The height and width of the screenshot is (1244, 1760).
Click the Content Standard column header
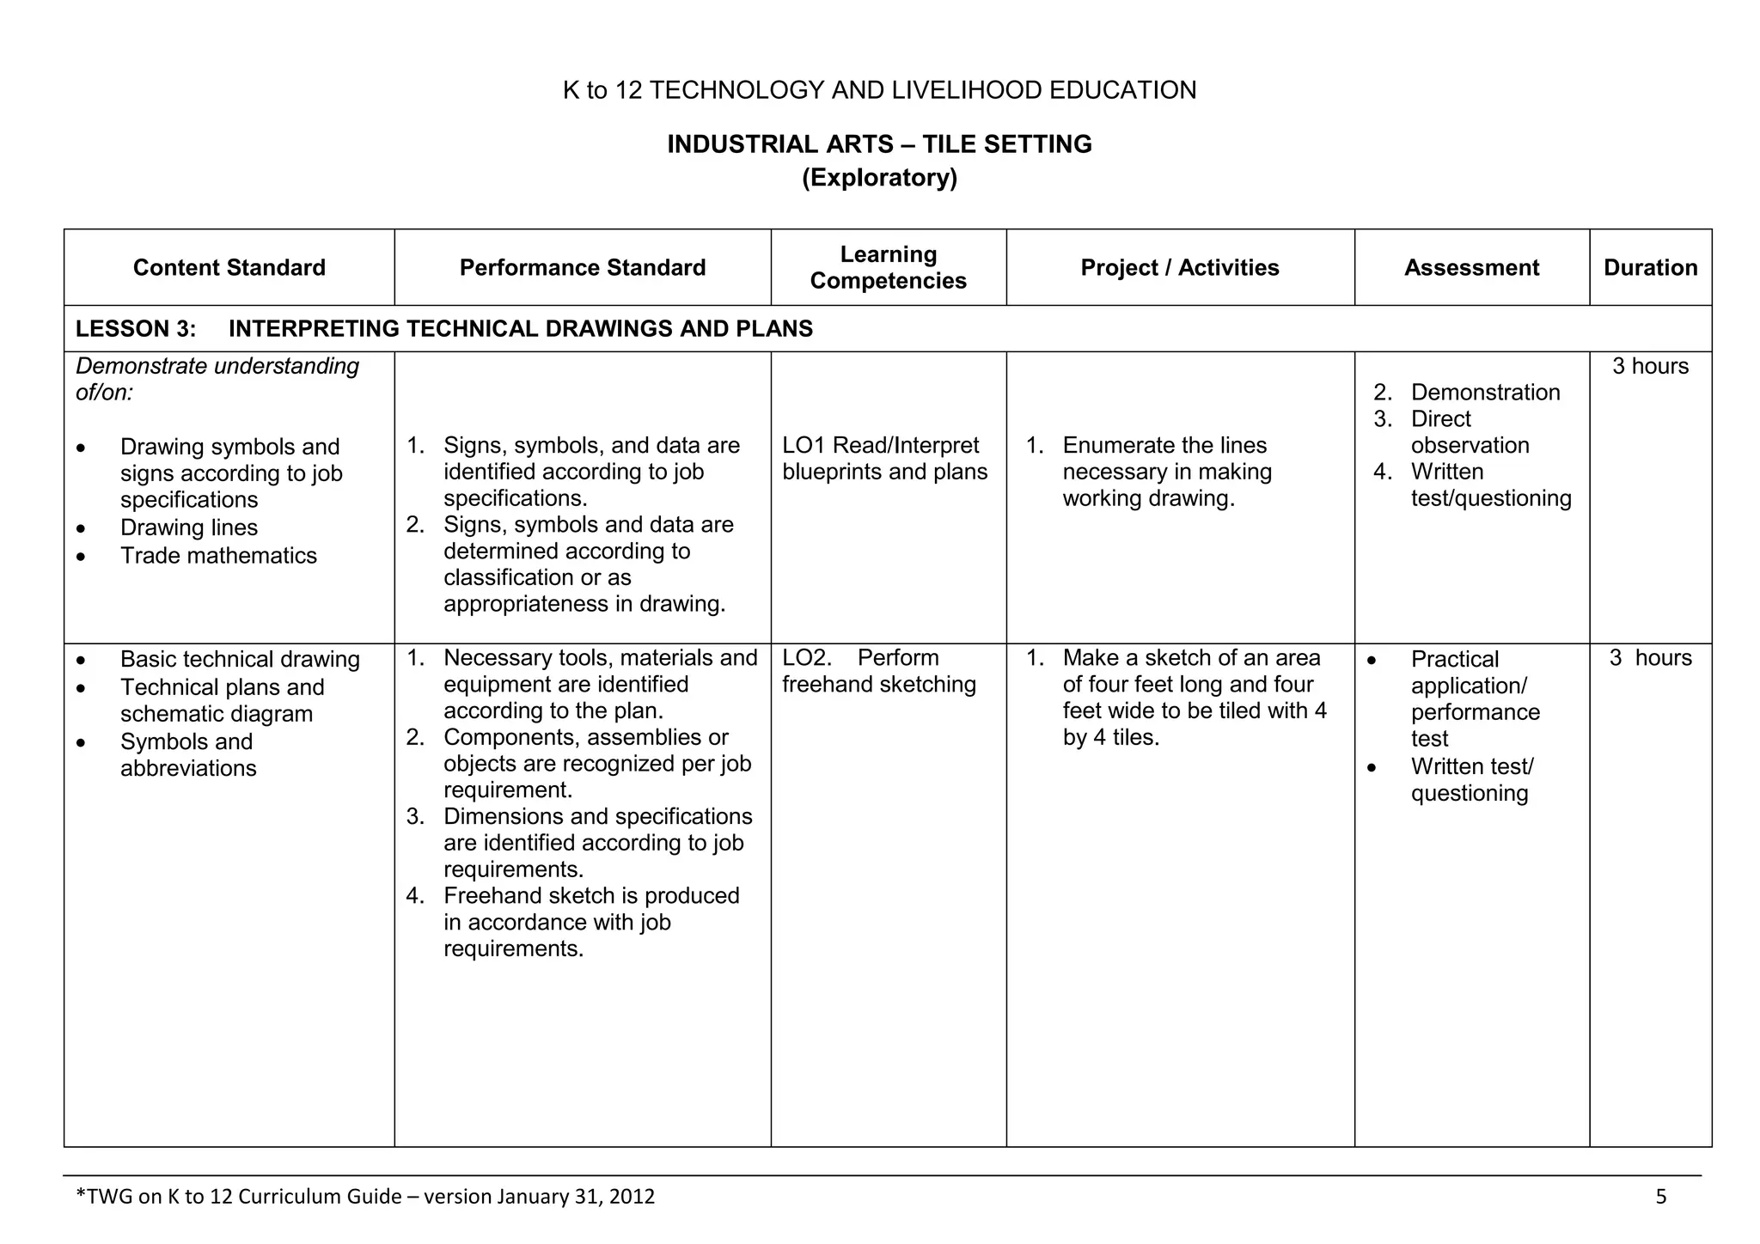pos(229,268)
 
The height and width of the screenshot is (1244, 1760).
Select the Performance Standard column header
pos(582,268)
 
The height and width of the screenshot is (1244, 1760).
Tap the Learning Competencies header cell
pos(888,268)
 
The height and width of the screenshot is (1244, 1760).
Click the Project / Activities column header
pos(1179,268)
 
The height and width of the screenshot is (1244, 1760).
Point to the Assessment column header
pos(1471,268)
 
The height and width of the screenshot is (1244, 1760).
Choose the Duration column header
pos(1650,268)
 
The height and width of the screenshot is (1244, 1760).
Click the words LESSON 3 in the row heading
pos(136,329)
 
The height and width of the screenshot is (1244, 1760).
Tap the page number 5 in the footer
pos(1660,1197)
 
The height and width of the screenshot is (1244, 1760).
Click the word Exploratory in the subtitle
pos(879,178)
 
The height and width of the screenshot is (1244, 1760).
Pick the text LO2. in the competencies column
pos(806,658)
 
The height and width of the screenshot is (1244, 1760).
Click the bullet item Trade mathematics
pos(218,556)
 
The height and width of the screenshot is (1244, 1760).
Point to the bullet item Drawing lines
pos(189,528)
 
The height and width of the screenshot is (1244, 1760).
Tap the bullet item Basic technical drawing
pos(240,660)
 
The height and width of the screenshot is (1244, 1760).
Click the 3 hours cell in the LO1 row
pos(1650,367)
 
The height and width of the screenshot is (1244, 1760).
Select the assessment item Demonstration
pos(1485,393)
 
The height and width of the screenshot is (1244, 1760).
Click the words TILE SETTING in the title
pos(1006,144)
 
